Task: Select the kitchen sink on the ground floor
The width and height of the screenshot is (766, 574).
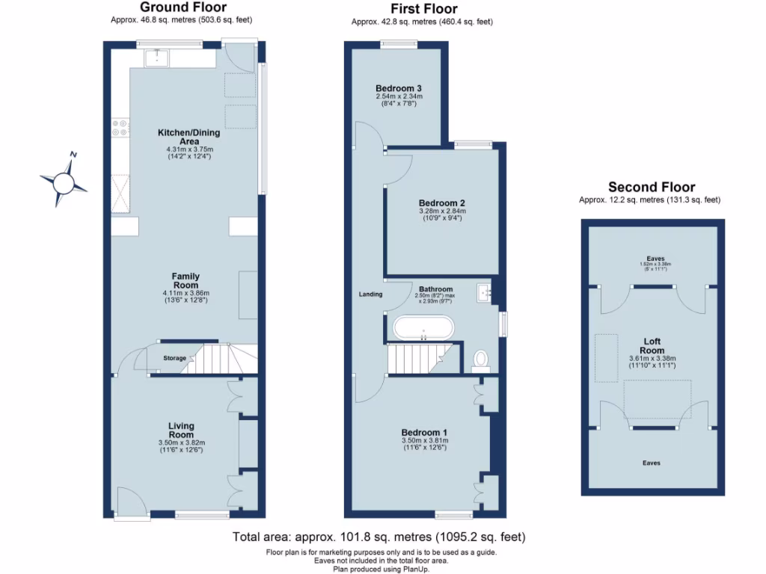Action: point(158,55)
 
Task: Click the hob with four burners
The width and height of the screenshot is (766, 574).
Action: point(120,128)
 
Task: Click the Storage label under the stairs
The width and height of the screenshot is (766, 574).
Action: point(174,359)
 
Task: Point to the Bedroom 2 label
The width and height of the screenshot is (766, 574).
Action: point(442,203)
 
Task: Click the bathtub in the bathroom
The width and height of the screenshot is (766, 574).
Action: point(423,328)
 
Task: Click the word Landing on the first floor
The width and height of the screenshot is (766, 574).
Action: point(370,294)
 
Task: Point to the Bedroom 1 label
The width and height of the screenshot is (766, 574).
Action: point(424,433)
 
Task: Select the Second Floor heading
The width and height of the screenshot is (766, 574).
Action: point(651,188)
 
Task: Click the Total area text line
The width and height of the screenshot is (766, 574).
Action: point(379,537)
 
